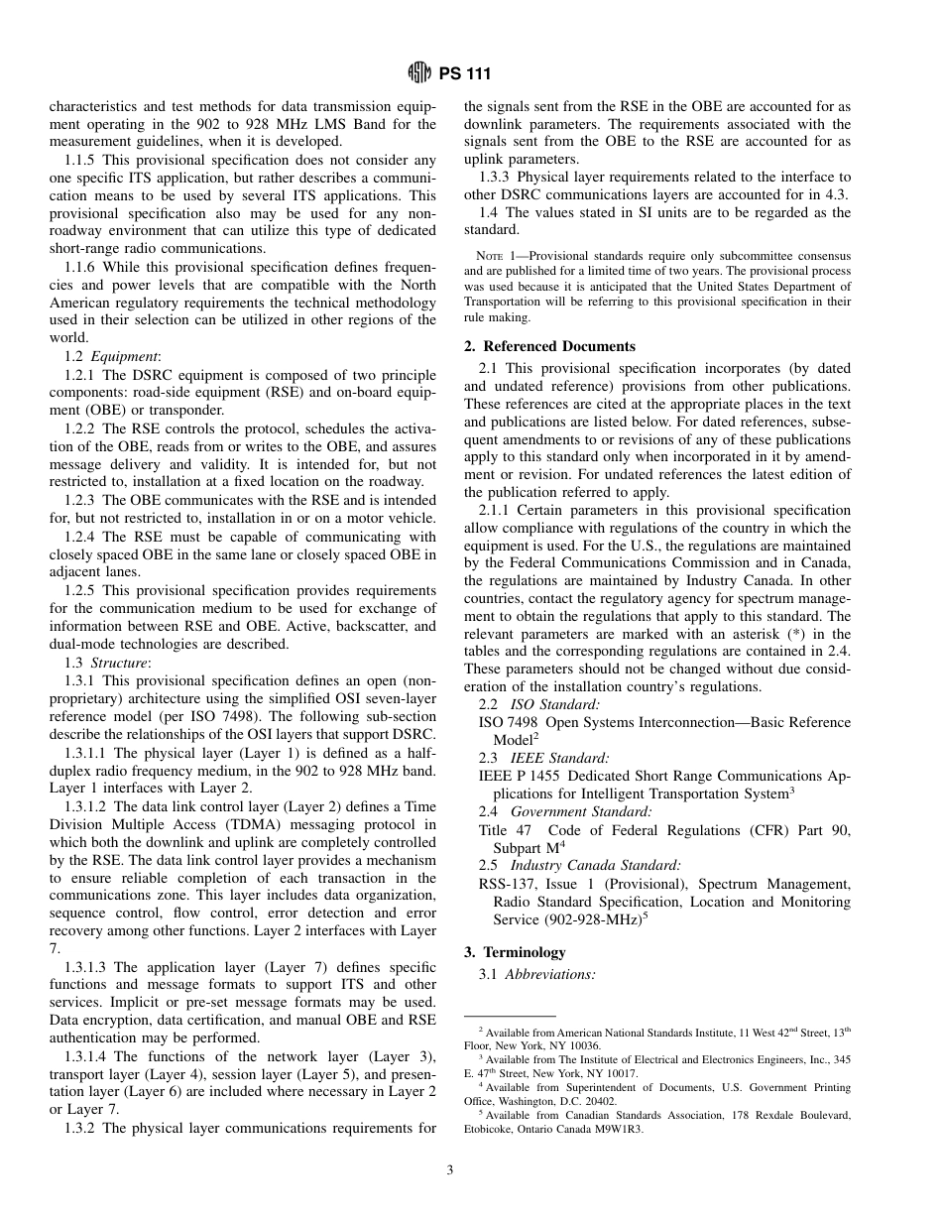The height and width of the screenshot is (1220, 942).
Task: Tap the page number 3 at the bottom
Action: pyautogui.click(x=449, y=1170)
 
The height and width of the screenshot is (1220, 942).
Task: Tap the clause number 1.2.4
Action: pyautogui.click(x=82, y=538)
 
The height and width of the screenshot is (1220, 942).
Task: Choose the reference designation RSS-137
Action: pyautogui.click(x=508, y=884)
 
